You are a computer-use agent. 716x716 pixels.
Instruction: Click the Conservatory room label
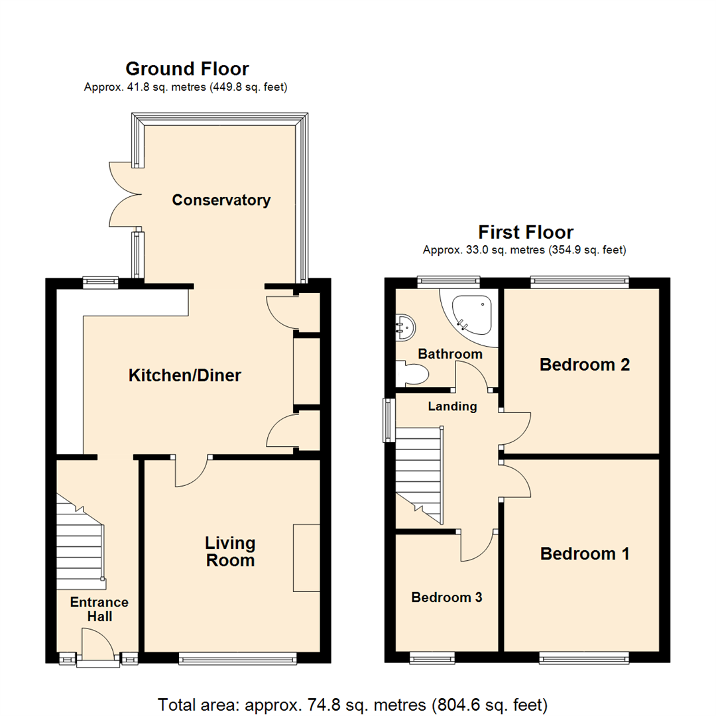pyautogui.click(x=221, y=200)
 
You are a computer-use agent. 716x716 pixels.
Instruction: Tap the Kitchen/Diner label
pyautogui.click(x=184, y=376)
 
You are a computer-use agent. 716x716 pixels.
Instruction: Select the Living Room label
pyautogui.click(x=229, y=552)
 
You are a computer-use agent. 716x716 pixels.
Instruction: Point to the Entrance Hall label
pyautogui.click(x=99, y=609)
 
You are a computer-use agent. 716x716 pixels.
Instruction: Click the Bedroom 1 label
pyautogui.click(x=585, y=554)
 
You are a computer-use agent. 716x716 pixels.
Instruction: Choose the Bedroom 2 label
pyautogui.click(x=584, y=364)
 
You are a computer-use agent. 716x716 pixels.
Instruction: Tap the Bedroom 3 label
pyautogui.click(x=446, y=597)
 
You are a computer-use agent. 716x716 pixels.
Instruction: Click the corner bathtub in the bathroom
pyautogui.click(x=472, y=314)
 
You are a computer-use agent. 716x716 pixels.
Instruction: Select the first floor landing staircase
pyautogui.click(x=419, y=472)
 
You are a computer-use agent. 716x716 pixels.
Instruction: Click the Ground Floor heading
pyautogui.click(x=187, y=68)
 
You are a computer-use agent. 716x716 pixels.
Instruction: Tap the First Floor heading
pyautogui.click(x=525, y=232)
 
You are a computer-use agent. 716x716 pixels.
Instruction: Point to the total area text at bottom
pyautogui.click(x=352, y=703)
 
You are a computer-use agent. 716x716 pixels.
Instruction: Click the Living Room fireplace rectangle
pyautogui.click(x=306, y=557)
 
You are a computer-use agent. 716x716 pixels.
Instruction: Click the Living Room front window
pyautogui.click(x=238, y=658)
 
